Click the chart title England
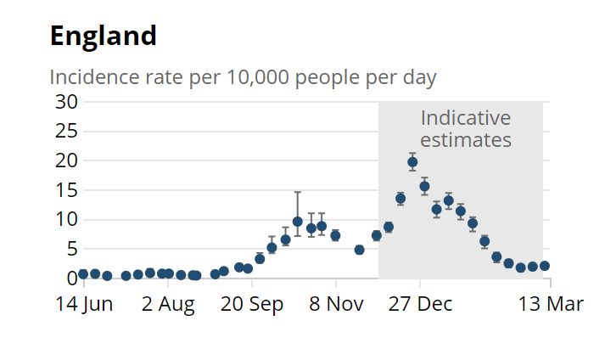104,37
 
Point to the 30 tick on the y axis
67,102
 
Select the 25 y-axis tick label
67,132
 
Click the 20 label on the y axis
67,160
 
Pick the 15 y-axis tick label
67,190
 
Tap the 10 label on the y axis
67,220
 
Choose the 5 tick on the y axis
72,249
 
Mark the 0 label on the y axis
72,278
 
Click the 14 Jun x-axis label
84,304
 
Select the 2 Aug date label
168,304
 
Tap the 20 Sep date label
251,304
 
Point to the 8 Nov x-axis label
335,304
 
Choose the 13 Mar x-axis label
550,304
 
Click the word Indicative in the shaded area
466,118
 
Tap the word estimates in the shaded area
466,139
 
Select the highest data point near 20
412,162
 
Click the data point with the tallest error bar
297,222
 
